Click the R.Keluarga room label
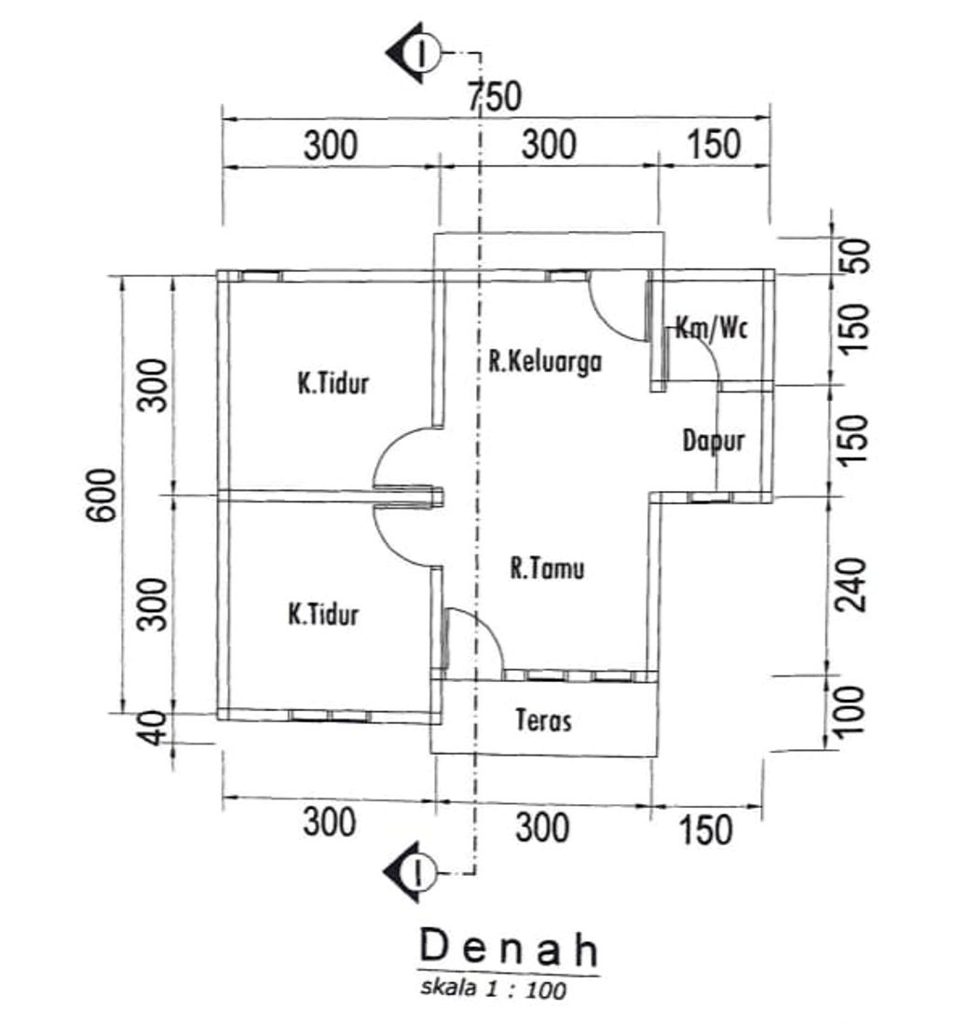[x=545, y=362]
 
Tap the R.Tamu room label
[x=547, y=567]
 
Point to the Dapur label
[x=713, y=441]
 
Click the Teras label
[x=543, y=719]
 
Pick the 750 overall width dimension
[x=495, y=96]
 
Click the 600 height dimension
[x=102, y=495]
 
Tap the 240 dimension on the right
[x=852, y=584]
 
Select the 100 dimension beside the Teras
[x=851, y=712]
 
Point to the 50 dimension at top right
[x=856, y=256]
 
